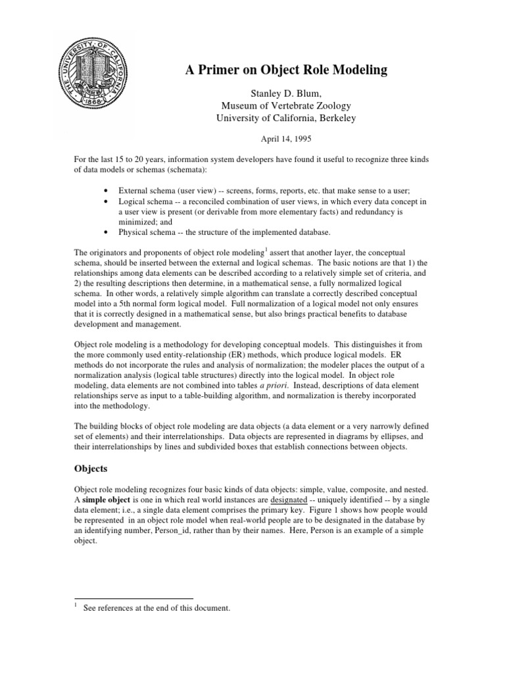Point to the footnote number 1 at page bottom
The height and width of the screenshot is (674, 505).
pos(76,606)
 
